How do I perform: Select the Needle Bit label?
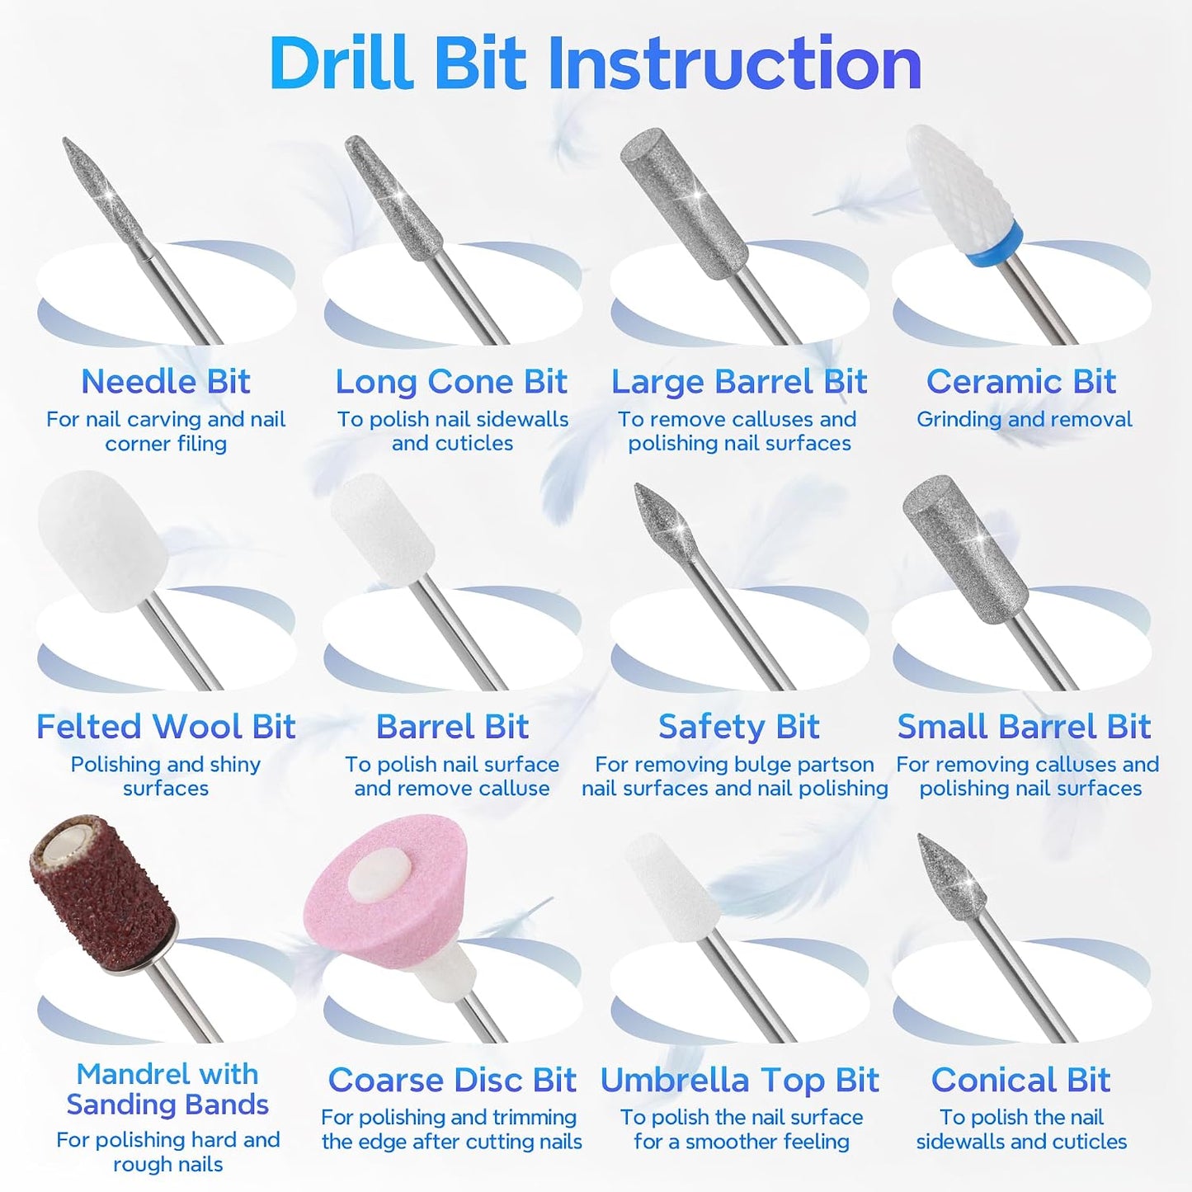tap(166, 381)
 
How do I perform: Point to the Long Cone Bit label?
tap(451, 381)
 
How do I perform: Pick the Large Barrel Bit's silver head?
tap(684, 203)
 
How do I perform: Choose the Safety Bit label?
tap(738, 726)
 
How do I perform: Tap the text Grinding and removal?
tap(1025, 419)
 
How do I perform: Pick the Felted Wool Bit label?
tap(166, 726)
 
